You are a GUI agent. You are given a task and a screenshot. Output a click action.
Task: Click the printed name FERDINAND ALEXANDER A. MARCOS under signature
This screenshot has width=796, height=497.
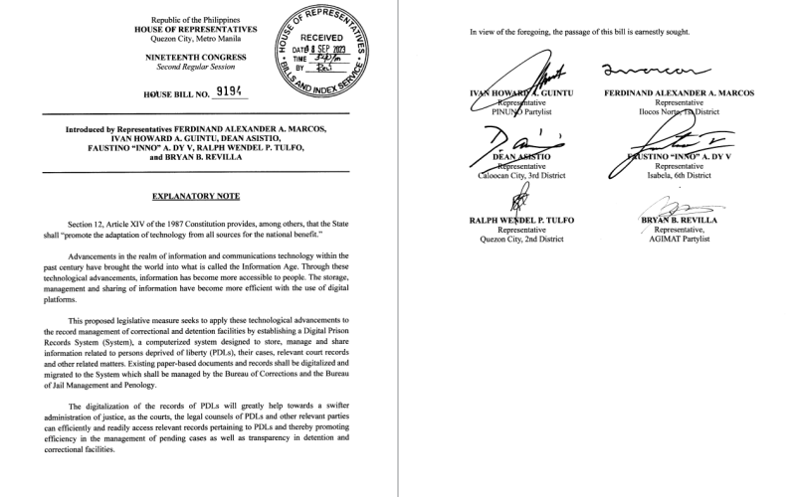click(679, 92)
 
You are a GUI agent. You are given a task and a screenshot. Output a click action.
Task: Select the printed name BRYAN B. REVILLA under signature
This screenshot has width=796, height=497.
click(679, 219)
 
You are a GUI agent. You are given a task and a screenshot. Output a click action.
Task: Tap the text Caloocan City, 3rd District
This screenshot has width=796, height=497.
click(516, 176)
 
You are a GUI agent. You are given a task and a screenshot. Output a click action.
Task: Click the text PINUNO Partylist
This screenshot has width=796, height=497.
click(516, 112)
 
